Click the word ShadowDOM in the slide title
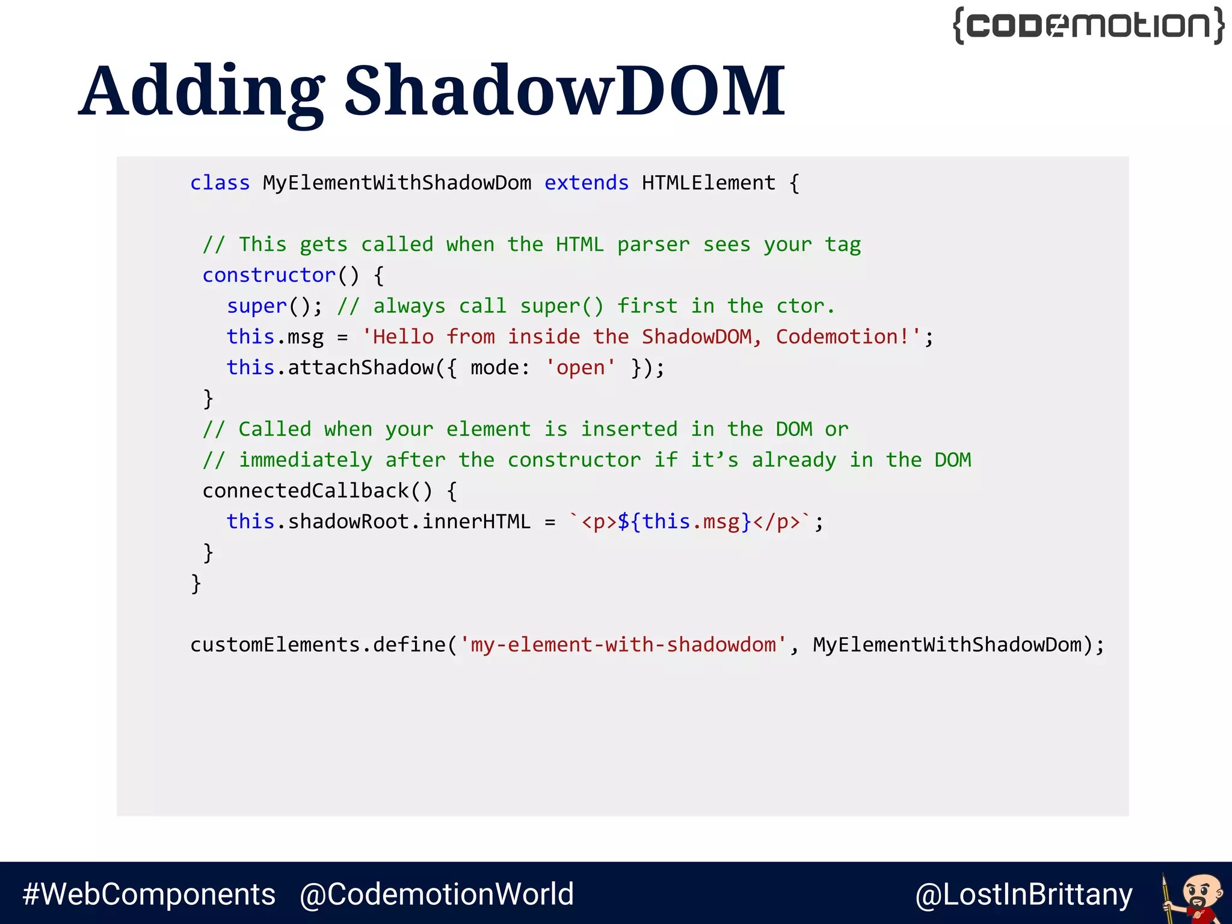[x=564, y=91]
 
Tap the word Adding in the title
[x=202, y=91]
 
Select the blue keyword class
[x=220, y=183]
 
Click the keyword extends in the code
[x=587, y=183]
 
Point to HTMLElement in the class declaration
[x=709, y=183]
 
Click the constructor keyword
[x=269, y=276]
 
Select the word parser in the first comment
[x=653, y=245]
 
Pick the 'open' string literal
[x=580, y=368]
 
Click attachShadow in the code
[x=361, y=368]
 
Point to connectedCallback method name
[x=306, y=491]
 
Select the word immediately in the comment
[x=306, y=460]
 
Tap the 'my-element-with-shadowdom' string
[x=623, y=645]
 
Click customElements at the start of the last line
[x=275, y=645]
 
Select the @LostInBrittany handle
[x=1024, y=895]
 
